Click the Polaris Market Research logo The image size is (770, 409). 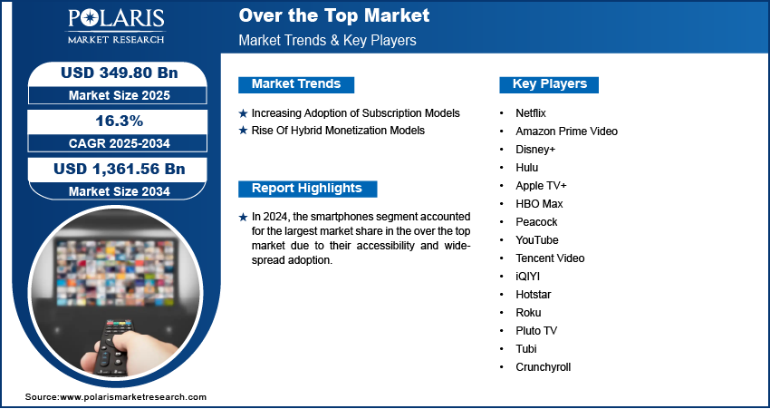coord(116,25)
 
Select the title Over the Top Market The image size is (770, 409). coord(334,15)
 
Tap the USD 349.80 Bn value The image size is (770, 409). coord(119,73)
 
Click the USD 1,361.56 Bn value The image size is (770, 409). coord(120,169)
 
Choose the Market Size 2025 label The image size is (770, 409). coord(120,95)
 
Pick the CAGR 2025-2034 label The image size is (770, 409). coord(120,143)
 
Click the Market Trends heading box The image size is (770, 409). coord(296,84)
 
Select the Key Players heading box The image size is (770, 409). coord(549,84)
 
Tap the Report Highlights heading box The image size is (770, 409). coord(307,189)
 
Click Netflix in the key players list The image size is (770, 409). coord(530,113)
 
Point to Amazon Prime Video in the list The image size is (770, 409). coord(566,131)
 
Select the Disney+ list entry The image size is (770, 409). coord(535,150)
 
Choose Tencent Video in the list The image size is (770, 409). coord(550,258)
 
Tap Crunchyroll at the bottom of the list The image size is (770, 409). coord(544,367)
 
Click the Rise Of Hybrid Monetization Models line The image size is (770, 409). coord(338,131)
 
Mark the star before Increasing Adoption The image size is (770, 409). coord(243,113)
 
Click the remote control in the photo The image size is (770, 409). coord(114,347)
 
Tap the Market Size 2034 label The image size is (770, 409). coord(120,191)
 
